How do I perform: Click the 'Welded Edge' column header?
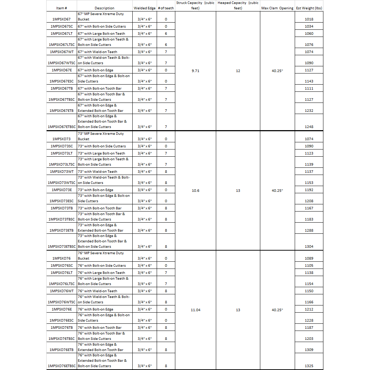click(x=144, y=8)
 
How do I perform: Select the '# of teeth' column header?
click(x=166, y=8)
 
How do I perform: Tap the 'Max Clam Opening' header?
click(x=277, y=8)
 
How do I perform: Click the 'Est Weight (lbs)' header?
click(x=309, y=8)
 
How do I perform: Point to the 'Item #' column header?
click(x=62, y=8)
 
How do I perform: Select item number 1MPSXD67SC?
click(x=62, y=26)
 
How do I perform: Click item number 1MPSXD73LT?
click(x=62, y=153)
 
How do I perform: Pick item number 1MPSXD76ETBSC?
click(x=62, y=366)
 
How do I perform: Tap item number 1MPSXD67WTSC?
click(x=62, y=63)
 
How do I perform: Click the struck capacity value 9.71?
click(x=195, y=71)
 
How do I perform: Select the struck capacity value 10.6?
click(x=195, y=190)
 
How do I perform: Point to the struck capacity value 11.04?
click(x=195, y=310)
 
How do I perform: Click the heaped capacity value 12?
click(x=238, y=71)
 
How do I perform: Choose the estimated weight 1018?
click(x=309, y=19)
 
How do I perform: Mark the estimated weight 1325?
click(x=309, y=366)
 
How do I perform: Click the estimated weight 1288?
click(x=309, y=230)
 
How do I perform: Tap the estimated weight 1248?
click(x=309, y=127)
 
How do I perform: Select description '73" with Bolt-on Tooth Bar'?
click(x=100, y=208)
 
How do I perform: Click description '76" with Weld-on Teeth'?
click(x=98, y=291)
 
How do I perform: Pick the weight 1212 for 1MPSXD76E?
click(x=309, y=309)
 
